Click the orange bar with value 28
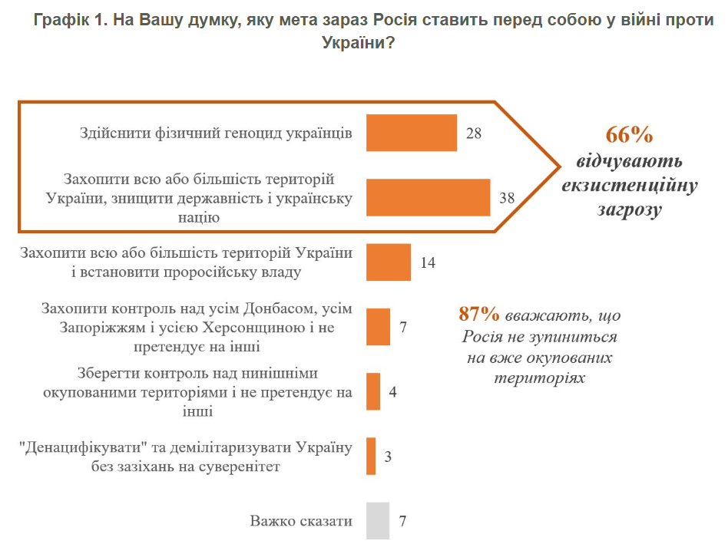pyautogui.click(x=412, y=133)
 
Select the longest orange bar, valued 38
pyautogui.click(x=428, y=197)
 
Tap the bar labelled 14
pyautogui.click(x=389, y=262)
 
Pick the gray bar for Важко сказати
pyautogui.click(x=378, y=521)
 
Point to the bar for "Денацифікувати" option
pyautogui.click(x=371, y=456)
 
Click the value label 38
pyautogui.click(x=507, y=198)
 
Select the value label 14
pyautogui.click(x=429, y=262)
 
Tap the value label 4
pyautogui.click(x=392, y=392)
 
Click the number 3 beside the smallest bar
pyautogui.click(x=388, y=457)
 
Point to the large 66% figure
pyautogui.click(x=629, y=135)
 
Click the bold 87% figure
pyautogui.click(x=480, y=315)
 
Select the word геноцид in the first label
pyautogui.click(x=230, y=133)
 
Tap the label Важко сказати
pyautogui.click(x=301, y=521)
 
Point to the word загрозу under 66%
pyautogui.click(x=629, y=210)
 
